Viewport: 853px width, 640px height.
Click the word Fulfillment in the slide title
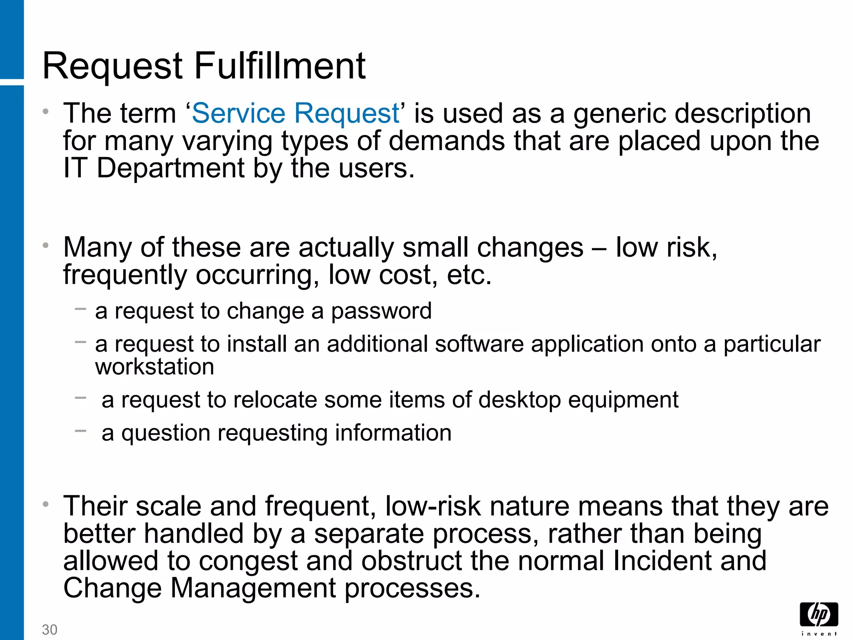280,66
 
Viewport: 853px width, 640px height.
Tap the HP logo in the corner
818,615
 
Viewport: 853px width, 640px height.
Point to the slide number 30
50,630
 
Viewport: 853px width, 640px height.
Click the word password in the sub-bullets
381,311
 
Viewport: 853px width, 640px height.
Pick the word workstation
155,367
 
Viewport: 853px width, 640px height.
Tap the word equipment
623,400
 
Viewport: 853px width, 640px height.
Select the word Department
171,168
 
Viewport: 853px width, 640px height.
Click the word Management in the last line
253,588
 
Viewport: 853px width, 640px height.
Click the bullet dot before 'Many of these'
46,245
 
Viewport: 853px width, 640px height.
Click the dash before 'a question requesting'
80,431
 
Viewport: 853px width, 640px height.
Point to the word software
479,345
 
